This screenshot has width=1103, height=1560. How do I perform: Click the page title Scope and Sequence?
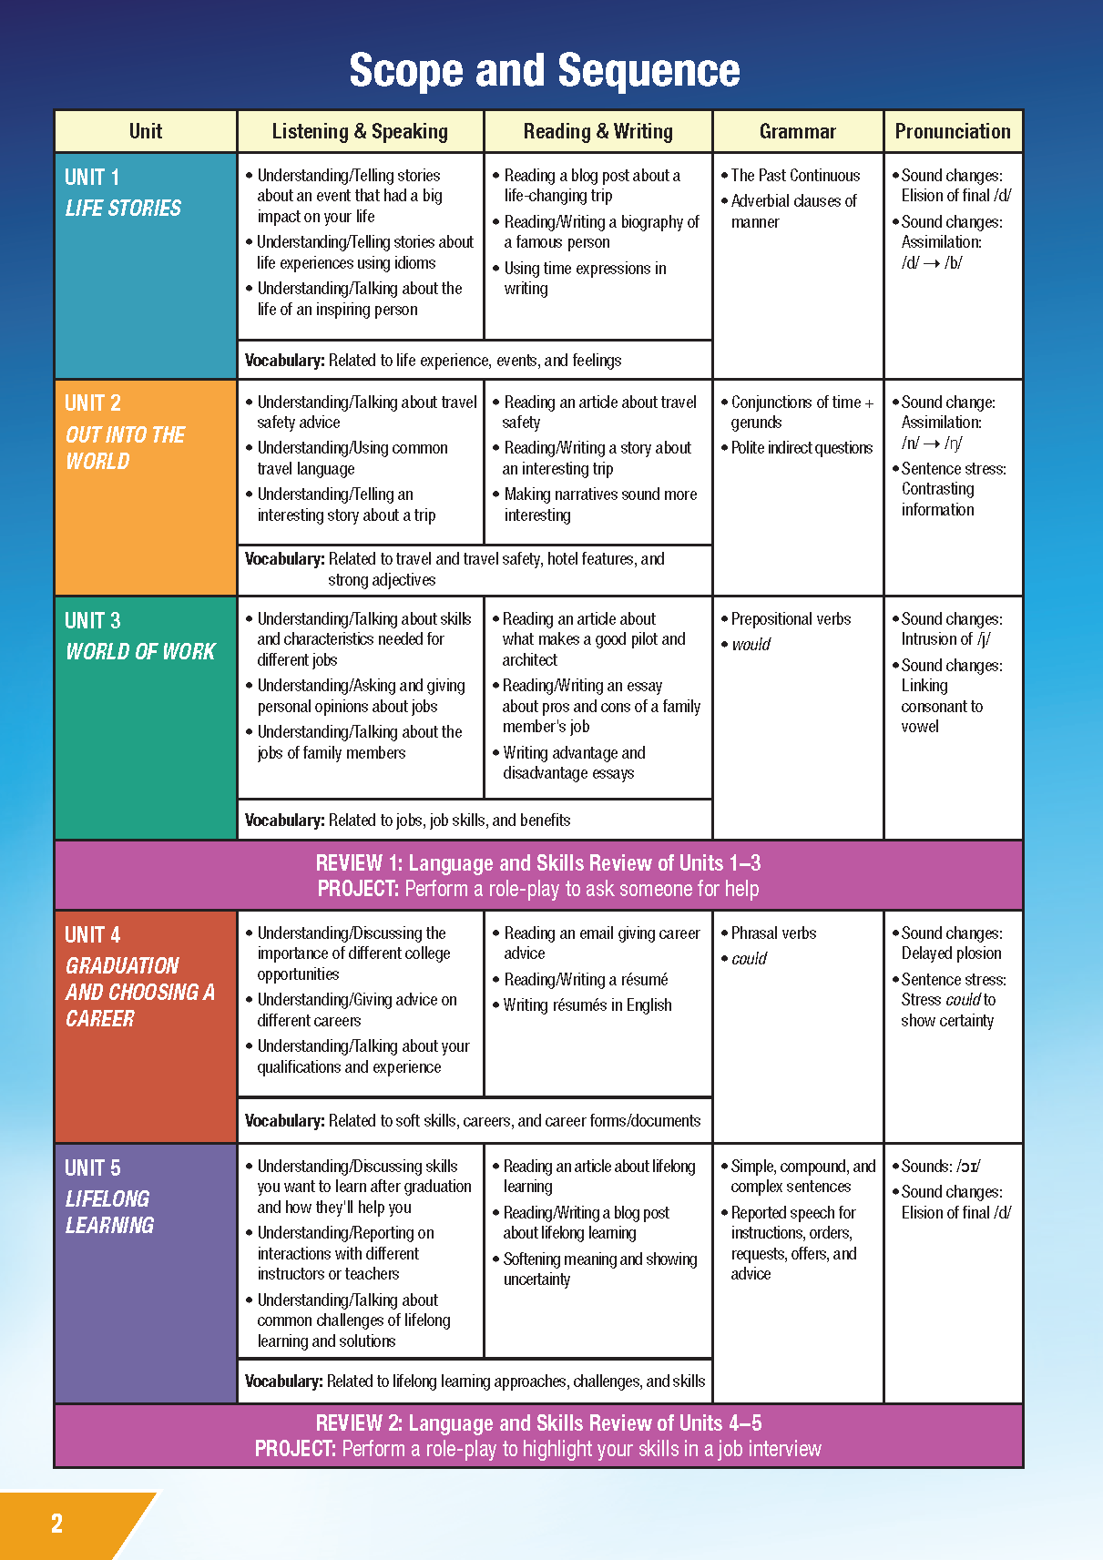tap(545, 71)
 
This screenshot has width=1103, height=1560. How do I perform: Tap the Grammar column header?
tap(797, 131)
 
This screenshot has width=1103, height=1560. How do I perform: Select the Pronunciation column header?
tap(952, 131)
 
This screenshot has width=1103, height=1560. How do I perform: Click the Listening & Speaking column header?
tap(360, 131)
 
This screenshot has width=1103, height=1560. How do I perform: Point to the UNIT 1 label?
tap(92, 177)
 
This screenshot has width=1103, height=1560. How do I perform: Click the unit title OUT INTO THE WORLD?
tap(125, 448)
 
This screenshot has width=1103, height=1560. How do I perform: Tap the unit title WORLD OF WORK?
tap(140, 652)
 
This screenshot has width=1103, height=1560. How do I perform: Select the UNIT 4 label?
tap(92, 934)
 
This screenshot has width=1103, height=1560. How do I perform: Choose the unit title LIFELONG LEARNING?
tap(108, 1212)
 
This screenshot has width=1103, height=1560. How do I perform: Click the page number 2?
tap(56, 1524)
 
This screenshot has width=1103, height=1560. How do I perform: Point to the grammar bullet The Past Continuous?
tap(794, 176)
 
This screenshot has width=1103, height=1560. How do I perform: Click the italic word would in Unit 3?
tap(751, 645)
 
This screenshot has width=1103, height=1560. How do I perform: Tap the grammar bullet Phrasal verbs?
tap(773, 933)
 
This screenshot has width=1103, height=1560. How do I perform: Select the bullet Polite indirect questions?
tap(802, 448)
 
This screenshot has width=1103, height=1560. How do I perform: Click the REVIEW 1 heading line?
tap(537, 863)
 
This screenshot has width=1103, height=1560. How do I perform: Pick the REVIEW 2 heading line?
tap(537, 1423)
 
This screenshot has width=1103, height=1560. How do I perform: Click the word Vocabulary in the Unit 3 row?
tap(284, 821)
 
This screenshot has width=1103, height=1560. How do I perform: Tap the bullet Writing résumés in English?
tap(587, 1005)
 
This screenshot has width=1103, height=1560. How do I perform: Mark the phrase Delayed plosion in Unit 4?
tap(951, 953)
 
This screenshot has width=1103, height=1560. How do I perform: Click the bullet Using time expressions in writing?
tap(585, 279)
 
